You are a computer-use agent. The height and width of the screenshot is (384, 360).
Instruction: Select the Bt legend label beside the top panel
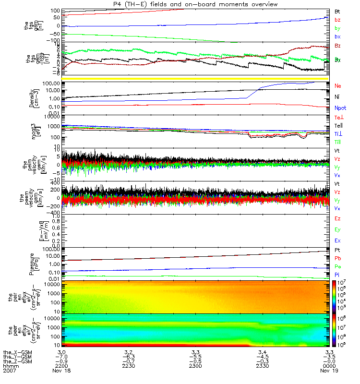tap(338, 11)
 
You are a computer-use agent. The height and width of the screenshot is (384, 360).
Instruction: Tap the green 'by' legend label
tap(337, 29)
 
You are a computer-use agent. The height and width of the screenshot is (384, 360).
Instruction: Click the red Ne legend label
tap(338, 85)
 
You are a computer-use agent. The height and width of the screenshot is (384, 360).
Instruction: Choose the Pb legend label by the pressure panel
tap(338, 258)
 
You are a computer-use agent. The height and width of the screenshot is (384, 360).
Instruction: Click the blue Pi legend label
tap(337, 274)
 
